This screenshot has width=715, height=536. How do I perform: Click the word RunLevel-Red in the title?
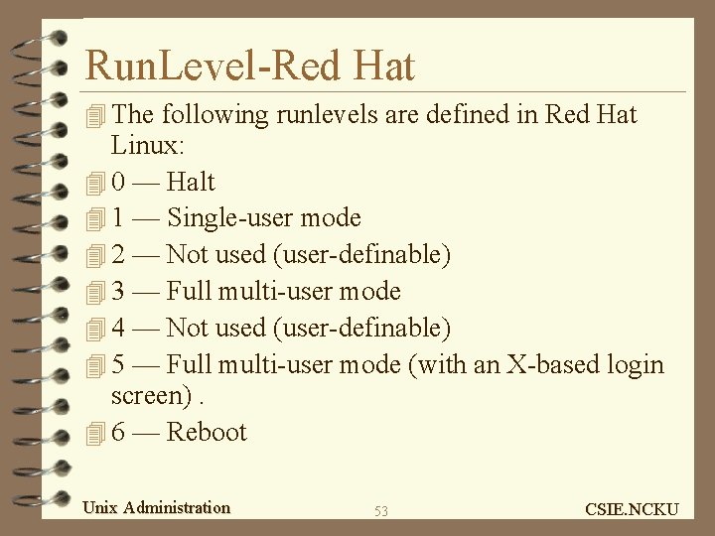pos(213,67)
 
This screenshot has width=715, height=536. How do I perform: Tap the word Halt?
pos(191,182)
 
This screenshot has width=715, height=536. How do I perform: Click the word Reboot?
pos(207,432)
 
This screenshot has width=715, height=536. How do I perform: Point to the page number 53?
pos(381,511)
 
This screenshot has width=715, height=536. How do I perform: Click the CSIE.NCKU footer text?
pos(632,509)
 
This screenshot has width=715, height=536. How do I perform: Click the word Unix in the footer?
pos(99,507)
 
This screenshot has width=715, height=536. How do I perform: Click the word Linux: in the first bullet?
pos(146,145)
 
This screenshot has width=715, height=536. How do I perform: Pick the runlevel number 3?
pos(118,291)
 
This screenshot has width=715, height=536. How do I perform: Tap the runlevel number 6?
pos(118,432)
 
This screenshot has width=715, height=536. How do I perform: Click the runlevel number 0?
pos(118,182)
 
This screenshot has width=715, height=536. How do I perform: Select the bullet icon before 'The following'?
pos(95,116)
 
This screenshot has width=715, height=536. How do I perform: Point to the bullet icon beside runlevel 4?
pos(95,329)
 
